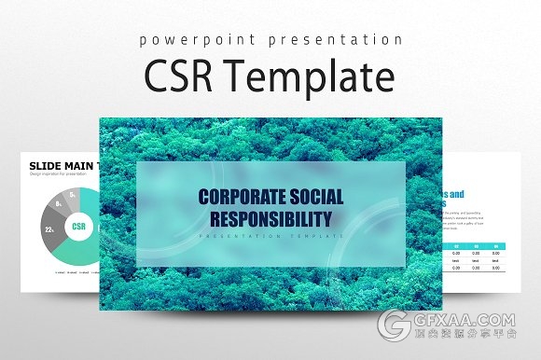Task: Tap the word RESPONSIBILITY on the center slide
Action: (x=270, y=220)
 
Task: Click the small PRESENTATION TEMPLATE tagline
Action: (x=270, y=239)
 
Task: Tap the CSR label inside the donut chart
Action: (x=79, y=226)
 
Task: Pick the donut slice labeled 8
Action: (x=60, y=202)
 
